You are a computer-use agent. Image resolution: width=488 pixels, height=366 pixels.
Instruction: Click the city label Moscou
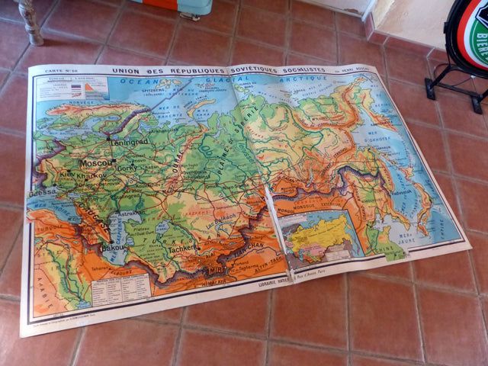point(97,162)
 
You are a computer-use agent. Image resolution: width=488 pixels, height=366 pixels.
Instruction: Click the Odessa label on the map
point(43,194)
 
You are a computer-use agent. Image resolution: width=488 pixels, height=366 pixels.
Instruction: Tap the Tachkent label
point(185,248)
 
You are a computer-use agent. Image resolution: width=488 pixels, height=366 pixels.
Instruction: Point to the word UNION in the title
point(127,72)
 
